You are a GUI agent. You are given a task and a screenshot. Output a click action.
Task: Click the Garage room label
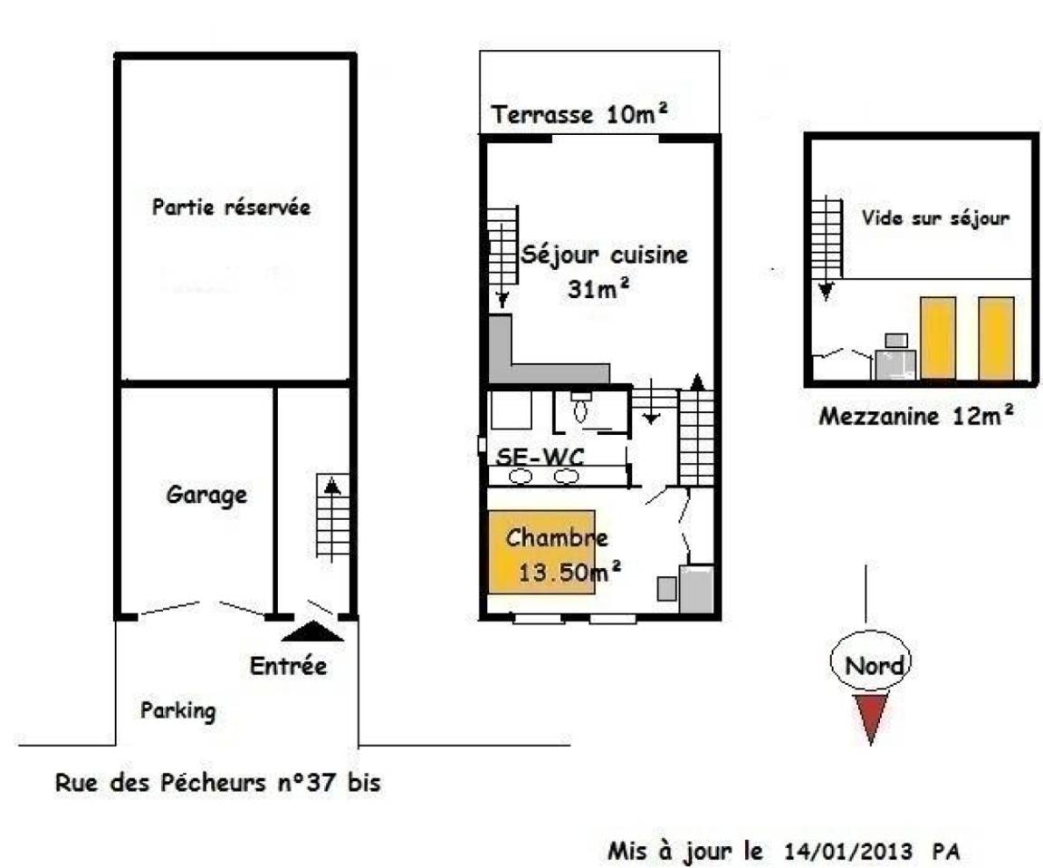point(206,496)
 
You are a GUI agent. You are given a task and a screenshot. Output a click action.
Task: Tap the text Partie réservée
point(232,207)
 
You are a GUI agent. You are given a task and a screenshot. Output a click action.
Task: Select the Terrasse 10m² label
point(579,114)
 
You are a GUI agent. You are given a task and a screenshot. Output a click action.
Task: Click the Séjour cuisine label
point(604,255)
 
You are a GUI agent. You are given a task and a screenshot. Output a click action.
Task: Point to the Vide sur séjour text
point(935,217)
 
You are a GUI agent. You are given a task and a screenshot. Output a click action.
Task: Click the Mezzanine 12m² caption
point(916,416)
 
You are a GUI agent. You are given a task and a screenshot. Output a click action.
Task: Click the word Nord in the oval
point(874,666)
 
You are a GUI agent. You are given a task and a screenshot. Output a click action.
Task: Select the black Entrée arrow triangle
point(312,632)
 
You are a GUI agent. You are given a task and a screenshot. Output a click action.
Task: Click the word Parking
point(178,711)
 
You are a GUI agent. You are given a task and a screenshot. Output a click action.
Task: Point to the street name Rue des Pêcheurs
point(160,782)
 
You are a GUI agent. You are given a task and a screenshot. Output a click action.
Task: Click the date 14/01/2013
point(848,852)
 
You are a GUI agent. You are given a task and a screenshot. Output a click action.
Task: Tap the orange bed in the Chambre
point(541,552)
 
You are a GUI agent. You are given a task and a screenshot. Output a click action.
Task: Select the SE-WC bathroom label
point(541,457)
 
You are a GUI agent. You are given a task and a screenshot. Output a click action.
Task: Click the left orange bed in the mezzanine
point(938,338)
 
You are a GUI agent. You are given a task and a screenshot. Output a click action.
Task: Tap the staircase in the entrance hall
point(332,517)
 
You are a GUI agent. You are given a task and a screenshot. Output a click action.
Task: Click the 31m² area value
point(598,288)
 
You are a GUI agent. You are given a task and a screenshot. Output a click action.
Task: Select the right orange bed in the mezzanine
point(997,338)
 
